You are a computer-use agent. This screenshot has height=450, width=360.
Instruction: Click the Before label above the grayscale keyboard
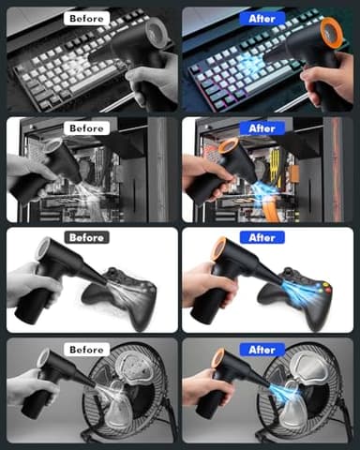(x=86, y=19)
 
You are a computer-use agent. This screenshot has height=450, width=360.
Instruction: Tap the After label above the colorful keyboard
(x=262, y=19)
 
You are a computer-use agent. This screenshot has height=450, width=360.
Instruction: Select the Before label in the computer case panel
(x=86, y=128)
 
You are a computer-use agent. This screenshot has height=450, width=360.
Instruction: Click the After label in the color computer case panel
(x=262, y=128)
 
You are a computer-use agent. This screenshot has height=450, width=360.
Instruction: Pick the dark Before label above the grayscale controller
(x=86, y=237)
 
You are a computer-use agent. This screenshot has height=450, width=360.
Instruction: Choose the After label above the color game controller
(x=262, y=237)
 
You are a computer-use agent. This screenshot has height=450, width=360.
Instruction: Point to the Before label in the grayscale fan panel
(x=86, y=350)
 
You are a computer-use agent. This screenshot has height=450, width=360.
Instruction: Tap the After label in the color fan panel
(x=262, y=350)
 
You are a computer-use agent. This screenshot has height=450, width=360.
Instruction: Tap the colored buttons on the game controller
(x=324, y=288)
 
